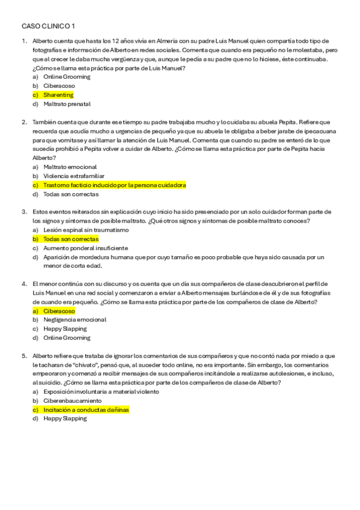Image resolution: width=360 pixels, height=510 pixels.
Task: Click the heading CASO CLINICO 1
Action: (49, 26)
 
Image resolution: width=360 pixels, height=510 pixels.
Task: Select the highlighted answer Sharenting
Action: (58, 95)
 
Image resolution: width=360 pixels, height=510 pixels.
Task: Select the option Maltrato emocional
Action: (70, 167)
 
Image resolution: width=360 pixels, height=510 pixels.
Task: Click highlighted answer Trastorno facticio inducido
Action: (114, 185)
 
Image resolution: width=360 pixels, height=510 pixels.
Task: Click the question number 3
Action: (24, 212)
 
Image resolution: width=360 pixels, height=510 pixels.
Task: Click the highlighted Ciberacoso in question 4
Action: (59, 311)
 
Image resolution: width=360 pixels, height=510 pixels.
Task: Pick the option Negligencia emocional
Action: (75, 320)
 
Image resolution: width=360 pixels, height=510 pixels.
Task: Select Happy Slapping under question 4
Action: (65, 329)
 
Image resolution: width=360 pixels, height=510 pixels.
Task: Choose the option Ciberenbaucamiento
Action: (72, 401)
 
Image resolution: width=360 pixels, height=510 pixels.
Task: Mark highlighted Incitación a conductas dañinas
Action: (86, 410)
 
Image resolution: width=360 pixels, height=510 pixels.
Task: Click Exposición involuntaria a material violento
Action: (101, 392)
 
